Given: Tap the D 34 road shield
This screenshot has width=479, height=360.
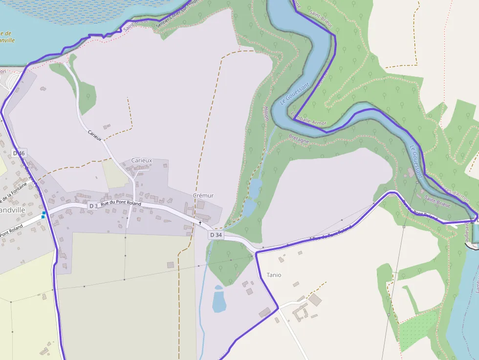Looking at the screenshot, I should pyautogui.click(x=216, y=235).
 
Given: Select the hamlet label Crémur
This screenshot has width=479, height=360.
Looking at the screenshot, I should pyautogui.click(x=203, y=195).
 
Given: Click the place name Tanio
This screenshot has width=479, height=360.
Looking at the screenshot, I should pyautogui.click(x=274, y=275).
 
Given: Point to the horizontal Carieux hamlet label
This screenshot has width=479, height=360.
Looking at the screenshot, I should pyautogui.click(x=142, y=160).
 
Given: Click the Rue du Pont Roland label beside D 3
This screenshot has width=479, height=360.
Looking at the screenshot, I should pyautogui.click(x=121, y=203).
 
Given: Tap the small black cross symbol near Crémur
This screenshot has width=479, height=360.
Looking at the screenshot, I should pyautogui.click(x=200, y=223).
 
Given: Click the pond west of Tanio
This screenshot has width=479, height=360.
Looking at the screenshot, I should pyautogui.click(x=219, y=299).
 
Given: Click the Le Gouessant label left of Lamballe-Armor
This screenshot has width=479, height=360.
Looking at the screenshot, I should pyautogui.click(x=295, y=94).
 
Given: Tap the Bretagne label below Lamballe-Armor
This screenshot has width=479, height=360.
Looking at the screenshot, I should pyautogui.click(x=299, y=139).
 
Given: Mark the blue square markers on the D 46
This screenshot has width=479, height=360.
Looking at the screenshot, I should pyautogui.click(x=44, y=215).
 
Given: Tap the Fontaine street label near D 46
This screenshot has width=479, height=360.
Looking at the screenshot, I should pyautogui.click(x=12, y=192).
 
